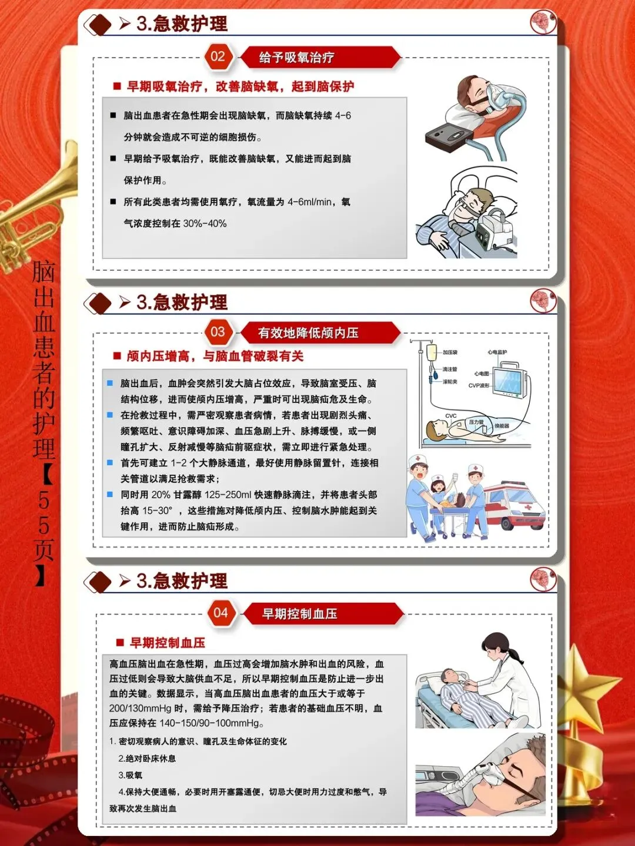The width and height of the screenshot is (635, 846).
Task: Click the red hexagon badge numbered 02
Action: [218, 57]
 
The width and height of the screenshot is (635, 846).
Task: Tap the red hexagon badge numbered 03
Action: [218, 332]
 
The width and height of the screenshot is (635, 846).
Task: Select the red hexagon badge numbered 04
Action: [221, 613]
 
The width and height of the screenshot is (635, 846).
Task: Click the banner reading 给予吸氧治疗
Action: [320, 58]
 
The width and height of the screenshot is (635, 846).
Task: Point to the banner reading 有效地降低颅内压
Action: [320, 333]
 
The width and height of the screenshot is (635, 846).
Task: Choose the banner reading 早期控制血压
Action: [323, 613]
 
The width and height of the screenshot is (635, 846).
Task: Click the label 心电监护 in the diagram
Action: [497, 352]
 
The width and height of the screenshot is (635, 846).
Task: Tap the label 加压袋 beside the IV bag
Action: [450, 352]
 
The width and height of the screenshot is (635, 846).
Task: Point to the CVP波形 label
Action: [479, 385]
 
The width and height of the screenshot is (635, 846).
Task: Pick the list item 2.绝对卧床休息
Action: [147, 758]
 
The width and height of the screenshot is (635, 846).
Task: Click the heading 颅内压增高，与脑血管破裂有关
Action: [215, 356]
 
